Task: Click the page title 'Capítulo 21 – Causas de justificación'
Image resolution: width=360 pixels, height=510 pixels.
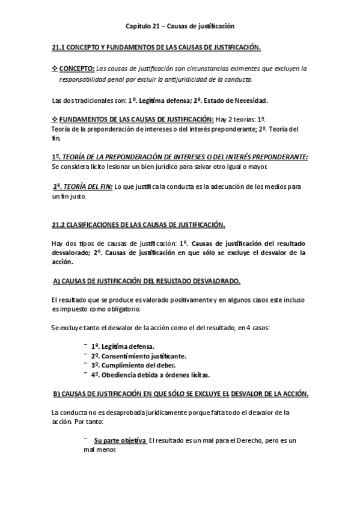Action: [x=180, y=26]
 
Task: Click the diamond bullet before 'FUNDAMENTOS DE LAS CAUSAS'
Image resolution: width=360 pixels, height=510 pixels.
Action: [x=55, y=119]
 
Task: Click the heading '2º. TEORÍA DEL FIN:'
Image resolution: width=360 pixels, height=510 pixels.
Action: [x=74, y=186]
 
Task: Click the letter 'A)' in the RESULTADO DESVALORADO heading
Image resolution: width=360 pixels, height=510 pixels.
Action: [x=56, y=281]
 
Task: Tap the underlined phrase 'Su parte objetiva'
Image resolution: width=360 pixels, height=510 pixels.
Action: [x=120, y=441]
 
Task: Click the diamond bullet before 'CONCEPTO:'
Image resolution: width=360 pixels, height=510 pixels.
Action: [x=55, y=69]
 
